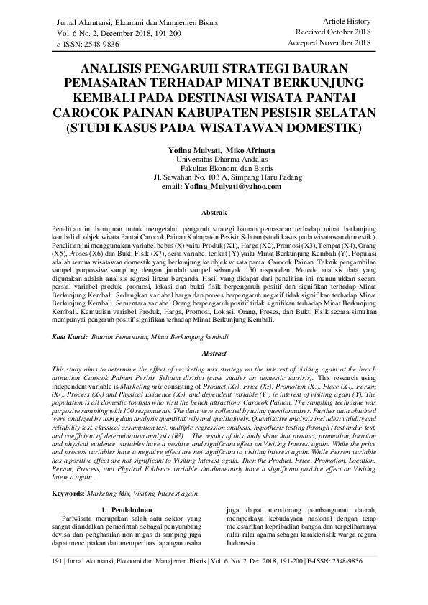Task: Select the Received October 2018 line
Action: click(x=333, y=32)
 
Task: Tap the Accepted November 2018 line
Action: click(x=329, y=43)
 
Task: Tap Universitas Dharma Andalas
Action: click(x=214, y=160)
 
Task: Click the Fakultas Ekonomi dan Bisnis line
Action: click(x=218, y=169)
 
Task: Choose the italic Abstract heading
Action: click(x=214, y=354)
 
